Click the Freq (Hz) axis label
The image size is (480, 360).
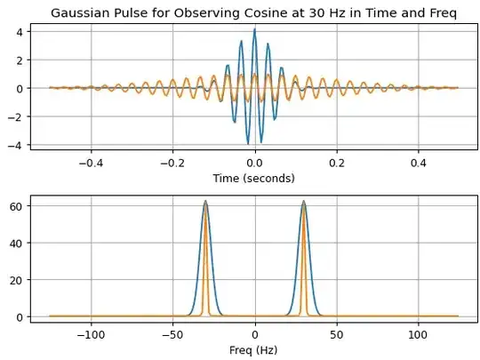[255, 349]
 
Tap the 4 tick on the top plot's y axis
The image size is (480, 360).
[29, 31]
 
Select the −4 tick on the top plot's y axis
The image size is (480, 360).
[27, 145]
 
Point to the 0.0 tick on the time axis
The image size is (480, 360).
[255, 164]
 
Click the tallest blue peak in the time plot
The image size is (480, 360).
[255, 29]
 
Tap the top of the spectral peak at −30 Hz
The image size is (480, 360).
[206, 202]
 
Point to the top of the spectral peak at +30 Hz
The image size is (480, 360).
[304, 202]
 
